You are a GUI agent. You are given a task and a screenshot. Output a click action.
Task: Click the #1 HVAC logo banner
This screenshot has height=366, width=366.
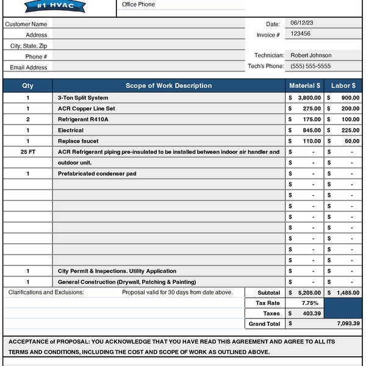tap(56, 6)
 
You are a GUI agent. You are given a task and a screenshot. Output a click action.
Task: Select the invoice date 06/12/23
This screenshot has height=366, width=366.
tap(301, 23)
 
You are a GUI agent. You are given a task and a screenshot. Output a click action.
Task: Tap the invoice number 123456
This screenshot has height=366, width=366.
tap(300, 34)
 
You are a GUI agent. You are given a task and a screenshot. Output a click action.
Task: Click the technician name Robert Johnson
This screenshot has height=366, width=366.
tap(310, 56)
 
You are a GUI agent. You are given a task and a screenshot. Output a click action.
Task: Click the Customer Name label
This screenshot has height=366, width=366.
tap(26, 24)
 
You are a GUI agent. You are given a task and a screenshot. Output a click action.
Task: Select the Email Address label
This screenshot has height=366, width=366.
tap(29, 68)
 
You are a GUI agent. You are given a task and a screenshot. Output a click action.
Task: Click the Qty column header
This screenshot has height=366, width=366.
tap(27, 86)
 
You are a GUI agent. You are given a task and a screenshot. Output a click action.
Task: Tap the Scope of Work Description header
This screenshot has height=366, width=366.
tap(168, 86)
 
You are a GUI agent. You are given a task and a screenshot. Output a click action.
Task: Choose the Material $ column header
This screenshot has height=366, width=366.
tap(304, 86)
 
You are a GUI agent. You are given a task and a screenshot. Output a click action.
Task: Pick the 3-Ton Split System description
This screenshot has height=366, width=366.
tap(83, 98)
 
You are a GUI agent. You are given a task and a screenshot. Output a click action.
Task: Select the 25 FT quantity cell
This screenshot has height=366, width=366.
tap(27, 152)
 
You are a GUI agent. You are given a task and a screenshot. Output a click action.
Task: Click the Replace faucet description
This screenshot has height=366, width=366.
tap(78, 141)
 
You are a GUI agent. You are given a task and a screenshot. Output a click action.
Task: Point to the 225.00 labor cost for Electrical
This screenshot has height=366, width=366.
tap(350, 130)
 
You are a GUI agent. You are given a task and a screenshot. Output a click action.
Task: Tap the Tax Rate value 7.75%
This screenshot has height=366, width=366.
tap(310, 303)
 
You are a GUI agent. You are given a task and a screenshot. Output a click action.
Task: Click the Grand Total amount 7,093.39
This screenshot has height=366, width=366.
tap(348, 324)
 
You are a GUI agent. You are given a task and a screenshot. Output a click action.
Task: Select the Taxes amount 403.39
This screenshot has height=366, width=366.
tap(311, 314)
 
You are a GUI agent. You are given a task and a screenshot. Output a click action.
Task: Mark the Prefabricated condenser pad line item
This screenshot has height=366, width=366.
tap(97, 174)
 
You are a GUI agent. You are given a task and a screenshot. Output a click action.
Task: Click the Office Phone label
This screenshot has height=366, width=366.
tap(138, 5)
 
